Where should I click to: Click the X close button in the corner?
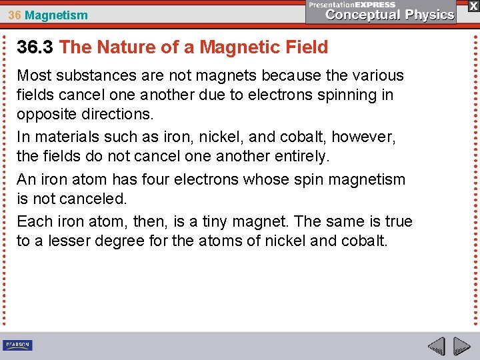473,5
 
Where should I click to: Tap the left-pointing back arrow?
436,347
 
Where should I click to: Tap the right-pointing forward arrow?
462,347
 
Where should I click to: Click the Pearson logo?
17,345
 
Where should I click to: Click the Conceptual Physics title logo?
389,15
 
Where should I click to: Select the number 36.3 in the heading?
35,47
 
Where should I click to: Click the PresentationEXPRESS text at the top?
352,4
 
